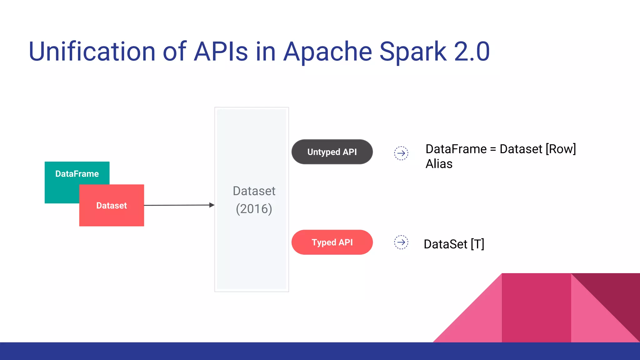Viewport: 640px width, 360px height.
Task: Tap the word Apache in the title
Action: pyautogui.click(x=327, y=52)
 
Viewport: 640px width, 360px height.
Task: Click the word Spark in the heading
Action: pyautogui.click(x=413, y=52)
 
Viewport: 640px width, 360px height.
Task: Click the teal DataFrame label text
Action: pyautogui.click(x=77, y=174)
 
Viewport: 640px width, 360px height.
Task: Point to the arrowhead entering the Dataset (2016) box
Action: pyautogui.click(x=212, y=205)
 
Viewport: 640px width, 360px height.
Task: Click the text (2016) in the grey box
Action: pyautogui.click(x=254, y=209)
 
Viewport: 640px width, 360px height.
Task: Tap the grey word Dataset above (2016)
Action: pyautogui.click(x=254, y=191)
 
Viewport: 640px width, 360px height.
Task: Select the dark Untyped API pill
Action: pyautogui.click(x=332, y=152)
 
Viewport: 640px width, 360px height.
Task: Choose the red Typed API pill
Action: pyautogui.click(x=332, y=242)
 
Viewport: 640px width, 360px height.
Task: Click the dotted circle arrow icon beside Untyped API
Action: pyautogui.click(x=401, y=153)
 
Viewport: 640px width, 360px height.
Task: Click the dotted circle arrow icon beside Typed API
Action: pyautogui.click(x=401, y=242)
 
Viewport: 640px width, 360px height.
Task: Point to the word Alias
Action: pyautogui.click(x=439, y=164)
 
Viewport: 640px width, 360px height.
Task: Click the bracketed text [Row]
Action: pyautogui.click(x=561, y=149)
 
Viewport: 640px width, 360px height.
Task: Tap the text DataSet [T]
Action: pyautogui.click(x=454, y=244)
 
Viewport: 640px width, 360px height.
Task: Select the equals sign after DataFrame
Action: pyautogui.click(x=493, y=149)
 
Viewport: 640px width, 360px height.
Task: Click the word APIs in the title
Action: pyautogui.click(x=221, y=52)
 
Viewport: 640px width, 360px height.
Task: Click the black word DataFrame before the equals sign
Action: pyautogui.click(x=456, y=149)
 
